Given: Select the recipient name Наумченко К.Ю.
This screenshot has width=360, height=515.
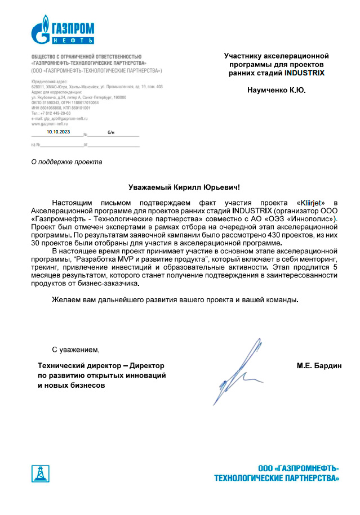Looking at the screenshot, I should [x=276, y=90].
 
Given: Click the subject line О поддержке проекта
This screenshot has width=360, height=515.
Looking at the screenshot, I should [x=66, y=162].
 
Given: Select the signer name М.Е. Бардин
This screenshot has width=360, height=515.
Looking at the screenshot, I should [x=319, y=366].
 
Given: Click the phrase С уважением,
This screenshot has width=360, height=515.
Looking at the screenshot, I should [x=75, y=350].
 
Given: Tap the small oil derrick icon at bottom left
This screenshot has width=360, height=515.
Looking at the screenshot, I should [x=39, y=473].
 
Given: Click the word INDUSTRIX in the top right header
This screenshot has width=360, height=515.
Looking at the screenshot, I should [x=305, y=73].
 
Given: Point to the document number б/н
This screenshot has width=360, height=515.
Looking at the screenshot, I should [x=110, y=132].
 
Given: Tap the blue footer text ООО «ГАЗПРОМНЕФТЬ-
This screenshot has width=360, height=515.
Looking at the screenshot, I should [x=298, y=468].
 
